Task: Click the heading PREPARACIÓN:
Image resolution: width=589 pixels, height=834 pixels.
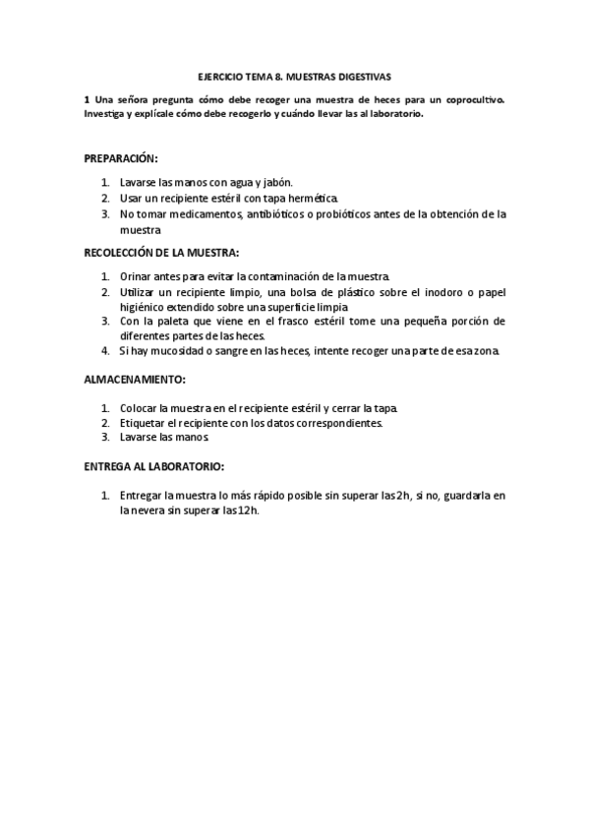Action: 121,157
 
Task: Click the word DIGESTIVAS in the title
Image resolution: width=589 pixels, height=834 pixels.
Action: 365,75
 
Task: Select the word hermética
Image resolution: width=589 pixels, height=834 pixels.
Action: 314,198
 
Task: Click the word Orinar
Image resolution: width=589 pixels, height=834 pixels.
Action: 137,277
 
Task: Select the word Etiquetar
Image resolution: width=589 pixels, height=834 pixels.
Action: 145,423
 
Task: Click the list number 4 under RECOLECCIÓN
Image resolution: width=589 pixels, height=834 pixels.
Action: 104,350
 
